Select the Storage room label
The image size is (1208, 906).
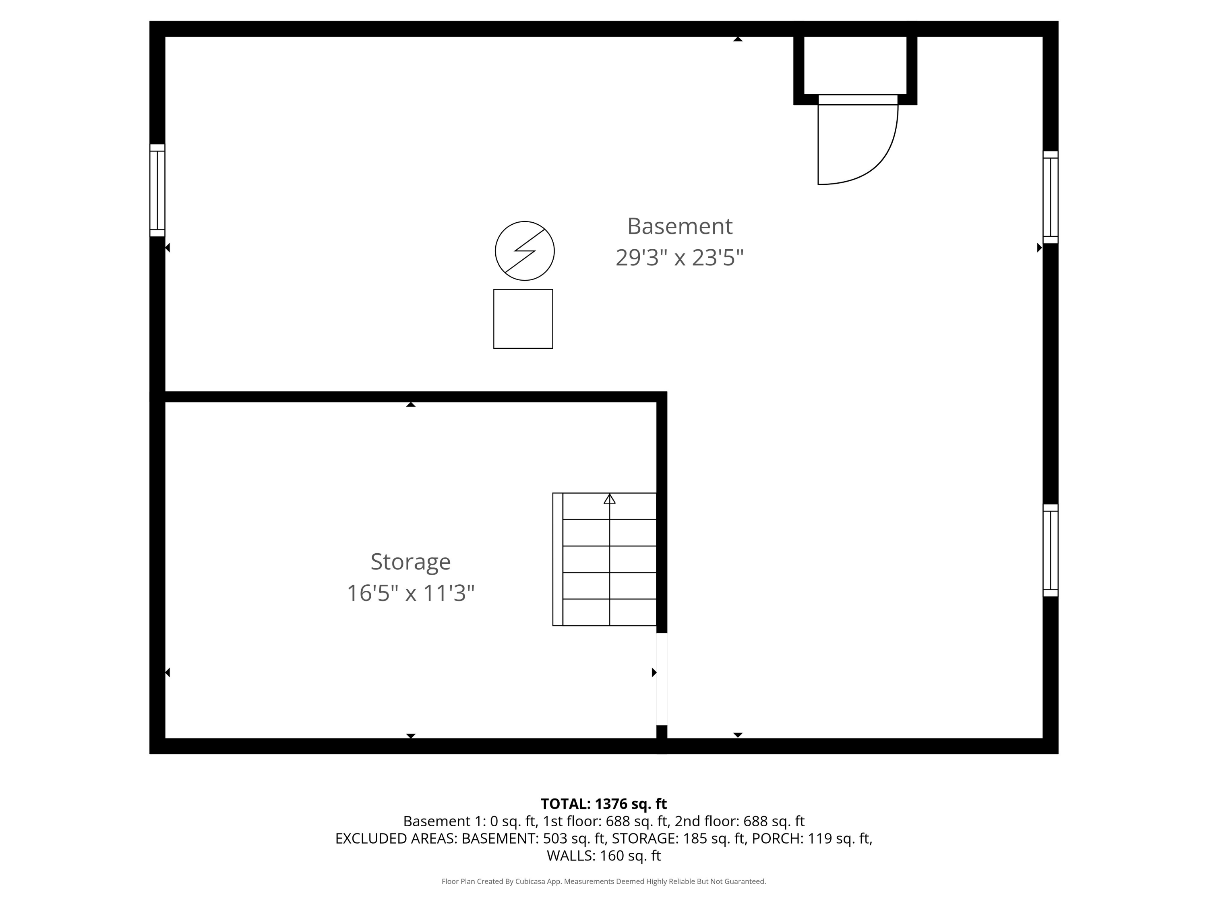pos(411,561)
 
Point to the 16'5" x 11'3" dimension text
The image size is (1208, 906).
pos(411,593)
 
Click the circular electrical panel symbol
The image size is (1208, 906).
pos(524,251)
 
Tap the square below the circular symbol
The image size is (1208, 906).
pos(523,319)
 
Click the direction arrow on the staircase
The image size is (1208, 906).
pos(610,499)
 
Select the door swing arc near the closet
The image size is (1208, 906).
pos(874,158)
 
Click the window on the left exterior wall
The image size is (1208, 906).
pos(157,190)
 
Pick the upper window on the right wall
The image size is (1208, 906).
pos(1050,197)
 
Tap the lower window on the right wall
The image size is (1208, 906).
pos(1050,550)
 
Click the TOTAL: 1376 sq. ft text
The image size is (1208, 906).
pos(604,804)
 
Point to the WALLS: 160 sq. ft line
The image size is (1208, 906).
pos(604,856)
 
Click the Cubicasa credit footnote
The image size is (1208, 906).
pos(604,881)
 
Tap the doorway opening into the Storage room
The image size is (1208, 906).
pos(661,679)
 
